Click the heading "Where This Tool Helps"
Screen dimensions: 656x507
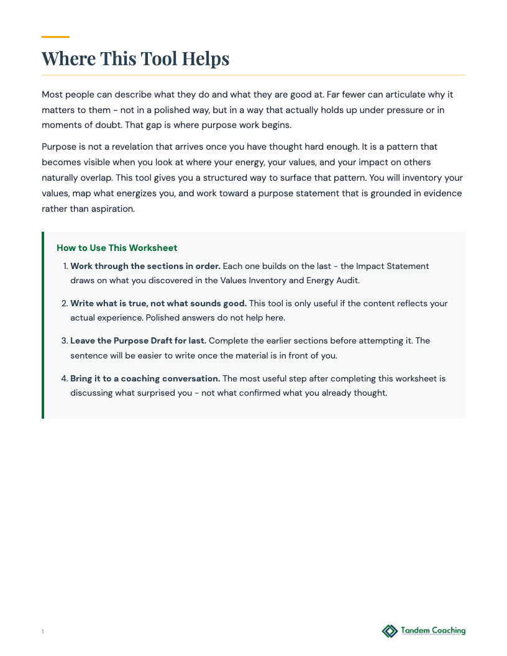[x=135, y=59]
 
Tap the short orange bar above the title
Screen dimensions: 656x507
[x=55, y=37]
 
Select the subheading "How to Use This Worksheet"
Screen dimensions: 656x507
[x=117, y=248]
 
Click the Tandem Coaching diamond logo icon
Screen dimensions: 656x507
[x=390, y=631]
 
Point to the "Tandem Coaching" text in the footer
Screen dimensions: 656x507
[x=433, y=631]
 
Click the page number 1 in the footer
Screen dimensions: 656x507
[x=43, y=632]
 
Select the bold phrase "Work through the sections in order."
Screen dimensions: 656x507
[x=145, y=266]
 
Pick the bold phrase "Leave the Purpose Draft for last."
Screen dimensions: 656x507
[x=138, y=340]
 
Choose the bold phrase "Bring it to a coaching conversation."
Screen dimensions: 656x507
[x=145, y=378]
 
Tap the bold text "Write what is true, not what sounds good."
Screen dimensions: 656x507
[x=158, y=303]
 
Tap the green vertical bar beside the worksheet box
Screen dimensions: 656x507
[x=43, y=325]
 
